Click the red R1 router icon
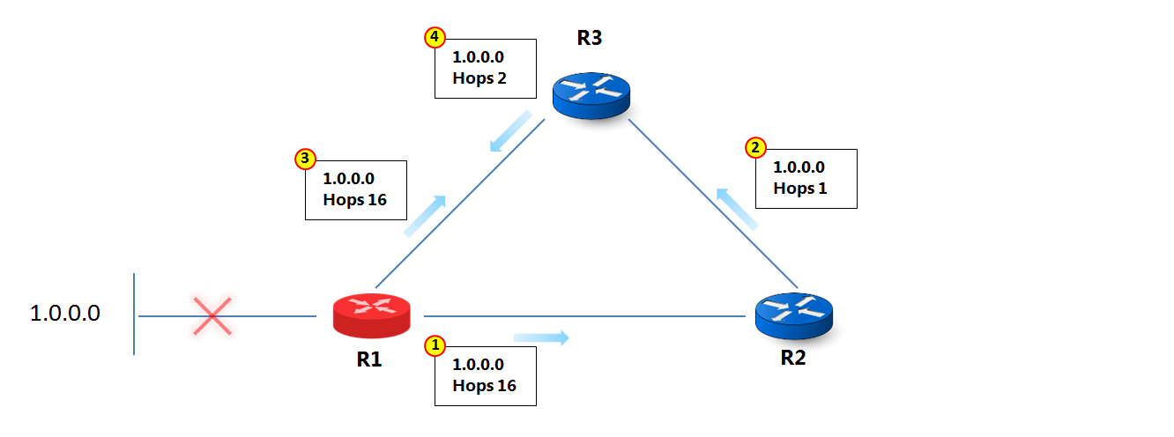point(371,315)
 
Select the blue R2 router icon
point(793,315)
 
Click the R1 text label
point(368,359)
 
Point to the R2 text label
point(792,359)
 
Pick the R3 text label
point(590,38)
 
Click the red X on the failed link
point(212,316)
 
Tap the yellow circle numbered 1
point(435,345)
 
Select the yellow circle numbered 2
point(755,147)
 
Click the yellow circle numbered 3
point(304,159)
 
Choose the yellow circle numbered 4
point(435,37)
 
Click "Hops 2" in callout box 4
point(479,78)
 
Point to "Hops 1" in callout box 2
point(800,188)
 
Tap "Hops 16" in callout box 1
point(484,385)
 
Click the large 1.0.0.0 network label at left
point(65,313)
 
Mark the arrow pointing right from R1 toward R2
point(542,337)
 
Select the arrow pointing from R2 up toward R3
point(736,209)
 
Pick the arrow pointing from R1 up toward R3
point(425,216)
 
